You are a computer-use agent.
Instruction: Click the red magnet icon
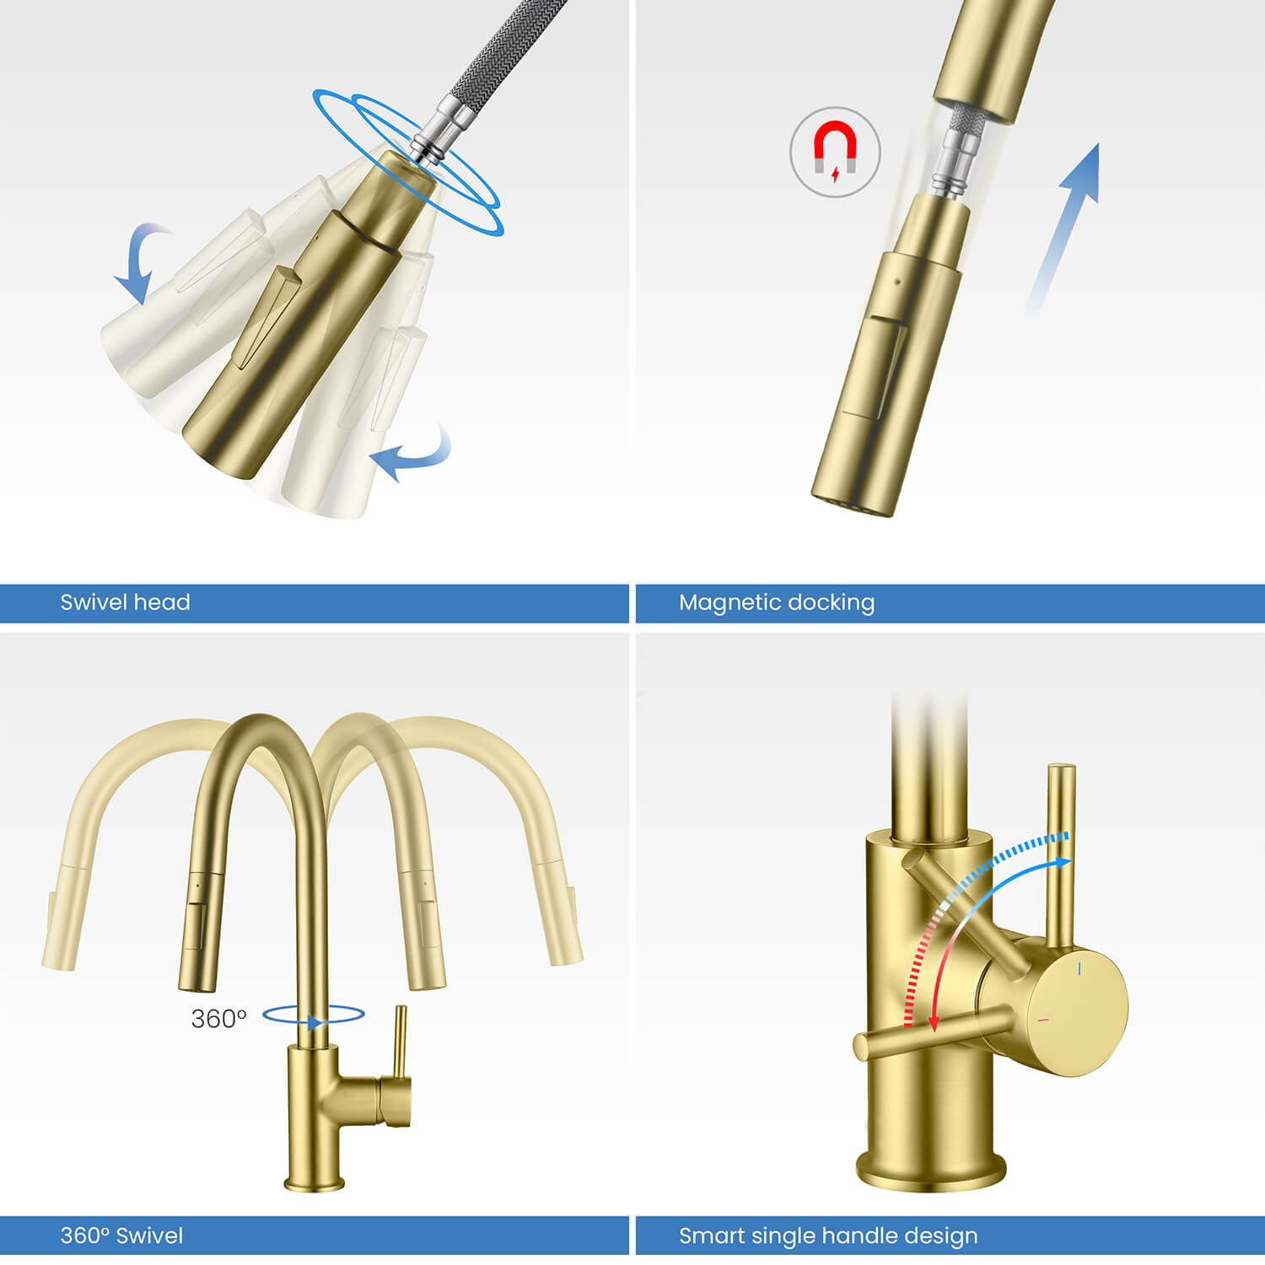pos(835,152)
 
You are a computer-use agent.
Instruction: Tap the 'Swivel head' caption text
pos(125,602)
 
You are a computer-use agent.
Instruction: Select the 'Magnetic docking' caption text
pos(777,602)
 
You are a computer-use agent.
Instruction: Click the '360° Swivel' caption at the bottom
pos(121,1235)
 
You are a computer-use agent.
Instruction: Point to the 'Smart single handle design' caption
pos(828,1235)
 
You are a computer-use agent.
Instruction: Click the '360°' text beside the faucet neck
pos(218,1019)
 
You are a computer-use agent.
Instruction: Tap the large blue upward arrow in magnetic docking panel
pos(1067,219)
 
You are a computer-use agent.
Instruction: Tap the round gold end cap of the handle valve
pos(1079,1012)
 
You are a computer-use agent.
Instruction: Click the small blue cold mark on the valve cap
pos(1079,971)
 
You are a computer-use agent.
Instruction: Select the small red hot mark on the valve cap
pos(1043,1020)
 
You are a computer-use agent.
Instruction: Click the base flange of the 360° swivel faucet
pos(315,1182)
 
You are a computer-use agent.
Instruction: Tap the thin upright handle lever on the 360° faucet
pos(401,1042)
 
